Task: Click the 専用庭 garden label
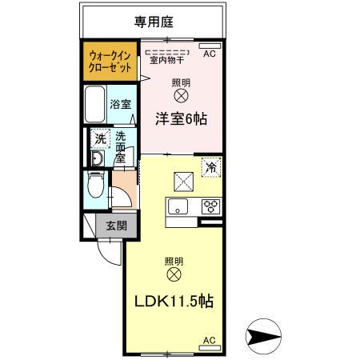(x=154, y=22)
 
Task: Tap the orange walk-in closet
(x=110, y=61)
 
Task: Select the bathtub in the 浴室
(x=94, y=104)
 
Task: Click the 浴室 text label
(x=121, y=104)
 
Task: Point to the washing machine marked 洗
(x=100, y=138)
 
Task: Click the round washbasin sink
(x=97, y=158)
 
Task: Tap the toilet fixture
(x=95, y=185)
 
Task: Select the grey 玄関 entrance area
(x=116, y=226)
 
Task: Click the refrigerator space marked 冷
(x=211, y=167)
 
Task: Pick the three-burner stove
(x=211, y=206)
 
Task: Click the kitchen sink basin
(x=178, y=206)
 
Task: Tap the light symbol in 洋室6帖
(x=181, y=96)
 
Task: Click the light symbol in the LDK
(x=174, y=274)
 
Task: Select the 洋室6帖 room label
(x=181, y=118)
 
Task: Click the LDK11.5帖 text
(x=174, y=302)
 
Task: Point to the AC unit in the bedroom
(x=210, y=46)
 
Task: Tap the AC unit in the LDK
(x=210, y=348)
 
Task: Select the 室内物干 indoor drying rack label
(x=167, y=60)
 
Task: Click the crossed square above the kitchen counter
(x=183, y=182)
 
